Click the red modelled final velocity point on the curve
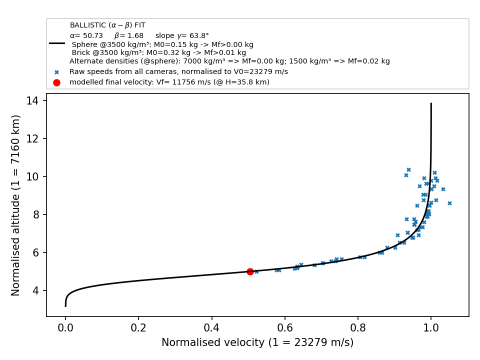pos(250,271)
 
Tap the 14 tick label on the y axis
pos(33,100)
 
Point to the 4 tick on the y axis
pos(44,290)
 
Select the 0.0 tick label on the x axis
pos(65,328)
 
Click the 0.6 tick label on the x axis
pos(285,328)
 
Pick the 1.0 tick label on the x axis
pos(431,328)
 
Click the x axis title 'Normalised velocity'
pos(213,342)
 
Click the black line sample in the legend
pos(57,43)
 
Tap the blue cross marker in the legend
pos(56,72)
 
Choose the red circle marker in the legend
pos(56,82)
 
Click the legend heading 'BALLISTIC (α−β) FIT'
pos(108,25)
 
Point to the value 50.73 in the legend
pos(93,35)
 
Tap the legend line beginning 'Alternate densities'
pos(229,61)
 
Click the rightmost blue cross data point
pos(449,203)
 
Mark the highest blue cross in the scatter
pos(408,169)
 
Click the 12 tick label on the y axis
pos(33,138)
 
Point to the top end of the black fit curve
pos(431,103)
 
